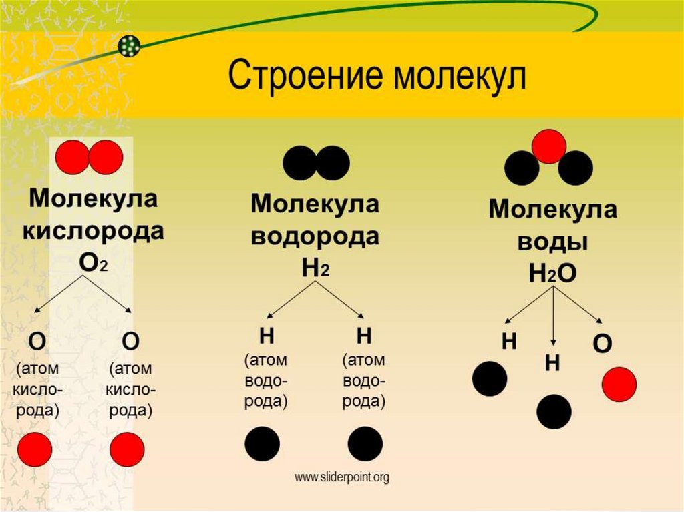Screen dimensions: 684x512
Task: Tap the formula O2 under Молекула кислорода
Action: coord(93,262)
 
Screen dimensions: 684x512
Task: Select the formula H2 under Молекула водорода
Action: coord(315,268)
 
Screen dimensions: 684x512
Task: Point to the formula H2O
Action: coord(552,274)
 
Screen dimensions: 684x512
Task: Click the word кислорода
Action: coord(93,230)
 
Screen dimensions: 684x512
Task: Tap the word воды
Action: coord(552,241)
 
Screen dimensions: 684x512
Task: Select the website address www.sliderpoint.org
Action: coord(342,477)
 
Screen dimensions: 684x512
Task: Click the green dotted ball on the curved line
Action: coord(129,45)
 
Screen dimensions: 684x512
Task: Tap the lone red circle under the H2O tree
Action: coord(619,385)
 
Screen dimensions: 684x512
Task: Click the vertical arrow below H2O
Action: coord(553,316)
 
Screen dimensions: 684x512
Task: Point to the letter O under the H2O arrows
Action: coord(602,343)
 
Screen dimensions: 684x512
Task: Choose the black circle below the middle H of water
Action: coord(554,412)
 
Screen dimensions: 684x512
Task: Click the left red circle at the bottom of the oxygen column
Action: coord(35,449)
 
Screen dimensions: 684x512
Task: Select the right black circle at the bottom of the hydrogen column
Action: coord(365,444)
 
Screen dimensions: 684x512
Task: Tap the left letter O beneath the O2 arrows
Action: coord(37,342)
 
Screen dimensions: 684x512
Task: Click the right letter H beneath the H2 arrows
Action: coord(364,336)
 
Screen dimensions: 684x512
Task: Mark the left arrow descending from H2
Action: coord(291,300)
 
